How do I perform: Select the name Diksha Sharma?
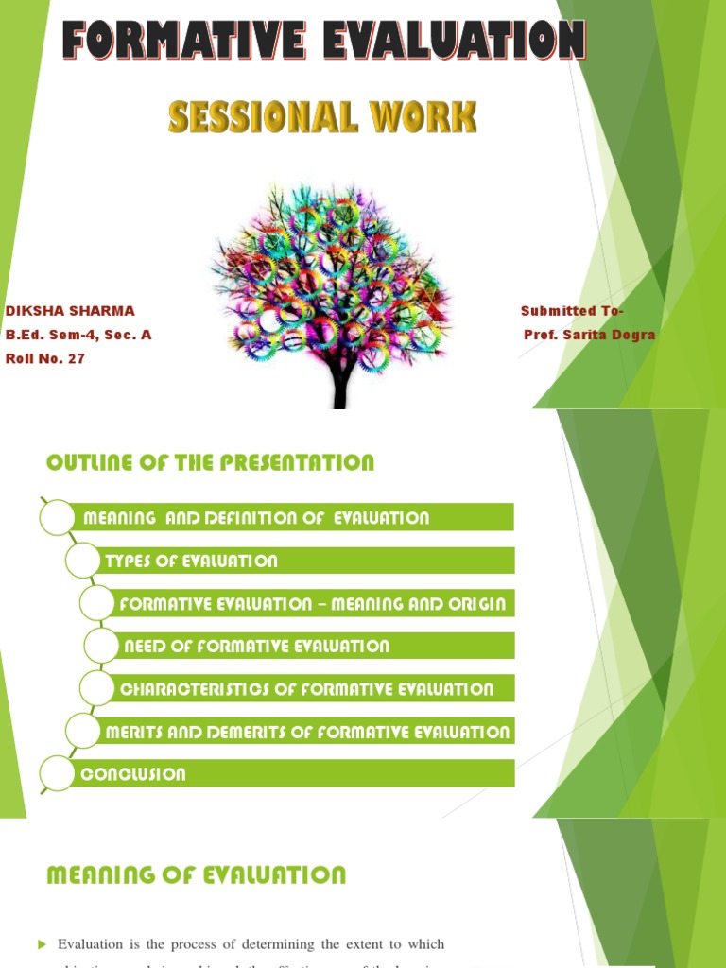(x=70, y=311)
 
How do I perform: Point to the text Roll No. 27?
(x=45, y=358)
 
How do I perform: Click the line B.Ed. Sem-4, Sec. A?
(x=78, y=335)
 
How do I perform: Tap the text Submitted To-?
(x=572, y=311)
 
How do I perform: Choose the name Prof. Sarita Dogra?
(x=589, y=335)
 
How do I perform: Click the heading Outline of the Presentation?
(x=210, y=462)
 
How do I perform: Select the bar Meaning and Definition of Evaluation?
(x=256, y=518)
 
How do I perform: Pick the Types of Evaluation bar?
(x=192, y=561)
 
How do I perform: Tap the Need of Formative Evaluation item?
(x=257, y=647)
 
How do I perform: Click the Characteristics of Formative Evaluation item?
(x=306, y=689)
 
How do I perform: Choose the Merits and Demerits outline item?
(x=307, y=732)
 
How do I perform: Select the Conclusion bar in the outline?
(x=133, y=774)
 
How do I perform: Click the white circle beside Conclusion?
(x=58, y=774)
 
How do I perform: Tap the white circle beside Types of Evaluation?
(x=82, y=561)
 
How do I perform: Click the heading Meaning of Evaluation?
(x=197, y=874)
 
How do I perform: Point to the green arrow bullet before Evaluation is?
(x=42, y=944)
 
